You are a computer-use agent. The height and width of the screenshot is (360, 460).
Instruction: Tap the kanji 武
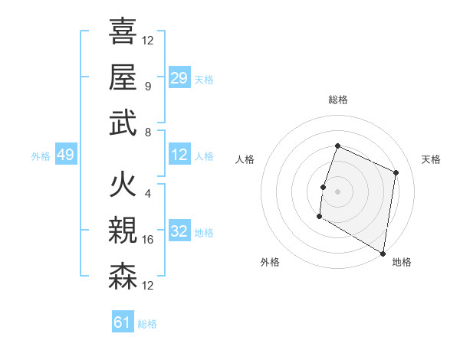tap(123, 122)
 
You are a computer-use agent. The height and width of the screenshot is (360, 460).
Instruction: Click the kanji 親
tap(123, 230)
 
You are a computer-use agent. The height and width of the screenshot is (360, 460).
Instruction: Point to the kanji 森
tap(123, 276)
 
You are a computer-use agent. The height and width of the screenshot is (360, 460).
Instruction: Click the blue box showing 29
tap(179, 77)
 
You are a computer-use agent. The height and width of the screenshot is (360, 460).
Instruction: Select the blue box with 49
tap(65, 155)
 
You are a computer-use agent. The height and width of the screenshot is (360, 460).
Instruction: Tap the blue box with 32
tap(179, 232)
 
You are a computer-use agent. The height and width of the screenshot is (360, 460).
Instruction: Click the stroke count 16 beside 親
tap(149, 240)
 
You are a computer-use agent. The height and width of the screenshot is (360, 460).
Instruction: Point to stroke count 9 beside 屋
tap(148, 86)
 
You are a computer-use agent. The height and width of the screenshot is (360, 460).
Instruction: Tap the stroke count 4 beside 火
tap(148, 194)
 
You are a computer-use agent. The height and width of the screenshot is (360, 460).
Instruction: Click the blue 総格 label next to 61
tap(147, 324)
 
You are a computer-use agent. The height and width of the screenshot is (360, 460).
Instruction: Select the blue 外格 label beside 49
tap(41, 156)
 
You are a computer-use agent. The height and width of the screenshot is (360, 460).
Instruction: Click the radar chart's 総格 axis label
tap(337, 100)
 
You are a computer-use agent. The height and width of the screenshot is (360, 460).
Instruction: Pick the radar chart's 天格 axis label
tap(432, 159)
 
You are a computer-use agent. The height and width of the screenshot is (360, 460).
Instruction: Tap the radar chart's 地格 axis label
tap(402, 262)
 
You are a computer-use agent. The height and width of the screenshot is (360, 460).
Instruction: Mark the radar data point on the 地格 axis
tap(382, 253)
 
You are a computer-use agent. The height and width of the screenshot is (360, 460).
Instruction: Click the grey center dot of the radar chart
tap(337, 191)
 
